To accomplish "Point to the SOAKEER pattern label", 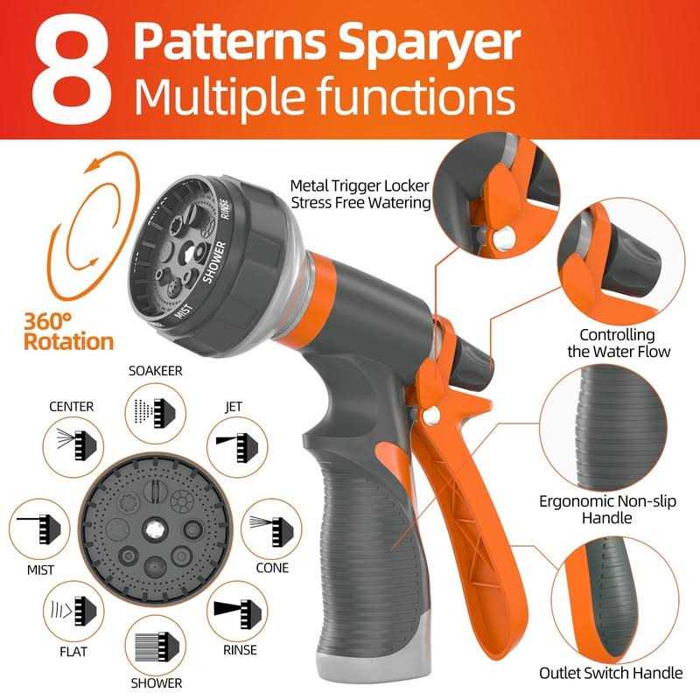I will [x=155, y=370].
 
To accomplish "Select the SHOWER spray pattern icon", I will [x=155, y=646].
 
